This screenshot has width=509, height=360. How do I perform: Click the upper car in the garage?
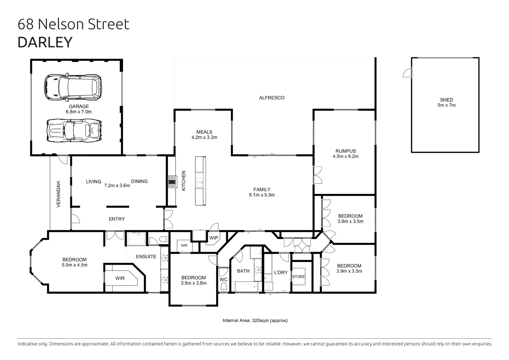[73, 87]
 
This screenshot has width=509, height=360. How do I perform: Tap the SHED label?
[446, 100]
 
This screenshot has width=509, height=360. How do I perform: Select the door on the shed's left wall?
[407, 73]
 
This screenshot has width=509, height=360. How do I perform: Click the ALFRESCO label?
[272, 98]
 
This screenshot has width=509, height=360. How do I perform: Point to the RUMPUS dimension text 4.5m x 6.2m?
[345, 156]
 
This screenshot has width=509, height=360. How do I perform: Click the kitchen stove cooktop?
[172, 182]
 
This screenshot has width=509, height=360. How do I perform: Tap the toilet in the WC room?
[224, 287]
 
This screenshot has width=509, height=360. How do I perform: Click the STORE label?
[298, 277]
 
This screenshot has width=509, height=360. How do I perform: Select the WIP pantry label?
[214, 238]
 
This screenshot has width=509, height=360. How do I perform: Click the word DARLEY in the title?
[45, 42]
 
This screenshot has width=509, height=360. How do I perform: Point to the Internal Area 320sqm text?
[255, 320]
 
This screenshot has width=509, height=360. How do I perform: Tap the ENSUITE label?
[146, 256]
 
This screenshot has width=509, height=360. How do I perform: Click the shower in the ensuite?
[136, 238]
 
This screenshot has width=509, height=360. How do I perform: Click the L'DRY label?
[280, 272]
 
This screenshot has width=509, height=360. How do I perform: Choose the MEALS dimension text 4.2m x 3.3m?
[204, 137]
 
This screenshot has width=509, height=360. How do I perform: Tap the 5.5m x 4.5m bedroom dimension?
[75, 265]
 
